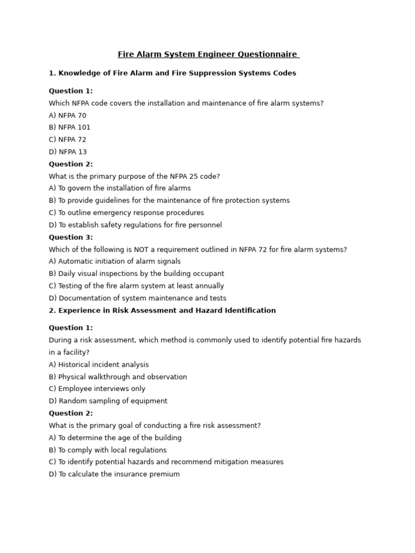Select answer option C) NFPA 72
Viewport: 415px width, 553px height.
click(x=68, y=139)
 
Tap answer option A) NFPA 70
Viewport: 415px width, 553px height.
click(x=68, y=115)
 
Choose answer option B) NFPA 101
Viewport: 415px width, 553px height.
click(x=70, y=127)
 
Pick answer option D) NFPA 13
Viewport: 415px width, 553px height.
click(x=68, y=152)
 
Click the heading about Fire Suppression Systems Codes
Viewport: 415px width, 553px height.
click(x=172, y=73)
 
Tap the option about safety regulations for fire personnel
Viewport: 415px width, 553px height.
click(x=135, y=225)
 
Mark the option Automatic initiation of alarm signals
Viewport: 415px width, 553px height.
click(x=115, y=261)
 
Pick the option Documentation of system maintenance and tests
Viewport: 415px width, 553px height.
click(x=137, y=298)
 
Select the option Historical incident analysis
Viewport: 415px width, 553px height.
click(x=98, y=365)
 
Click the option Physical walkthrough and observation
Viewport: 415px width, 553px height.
click(x=118, y=377)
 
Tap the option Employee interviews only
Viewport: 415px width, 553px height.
click(x=97, y=389)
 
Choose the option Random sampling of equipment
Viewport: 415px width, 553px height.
click(x=108, y=401)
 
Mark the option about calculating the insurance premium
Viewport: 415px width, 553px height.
click(x=114, y=474)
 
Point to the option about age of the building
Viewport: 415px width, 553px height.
click(x=115, y=438)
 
